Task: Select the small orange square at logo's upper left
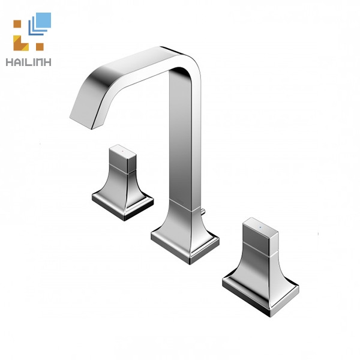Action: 17,25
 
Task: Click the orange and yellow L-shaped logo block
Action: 20,42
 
